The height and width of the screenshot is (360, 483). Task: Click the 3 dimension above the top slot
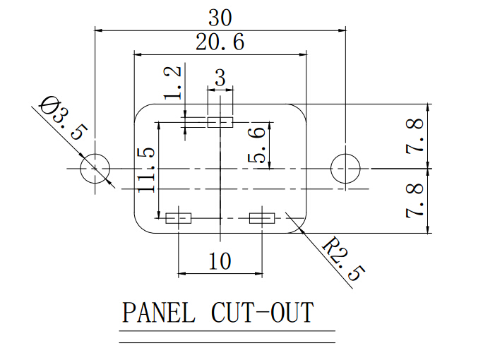[220, 78]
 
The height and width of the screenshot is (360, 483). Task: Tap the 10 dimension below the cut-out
[220, 262]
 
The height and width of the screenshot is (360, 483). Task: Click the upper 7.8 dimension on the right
[417, 137]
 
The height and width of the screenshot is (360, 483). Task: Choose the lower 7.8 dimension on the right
[417, 200]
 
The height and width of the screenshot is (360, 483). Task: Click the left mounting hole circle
[95, 169]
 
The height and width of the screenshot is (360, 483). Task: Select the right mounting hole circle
[346, 169]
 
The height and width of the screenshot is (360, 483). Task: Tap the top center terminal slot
[220, 122]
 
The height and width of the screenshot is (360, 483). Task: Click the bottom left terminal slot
[179, 218]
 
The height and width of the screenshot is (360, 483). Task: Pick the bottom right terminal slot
[263, 218]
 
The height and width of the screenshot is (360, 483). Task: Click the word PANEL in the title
[158, 313]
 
